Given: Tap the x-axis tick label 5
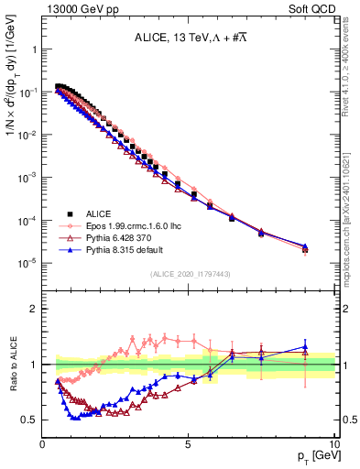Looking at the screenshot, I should click(x=189, y=442).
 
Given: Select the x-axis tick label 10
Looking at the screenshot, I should click(x=333, y=442).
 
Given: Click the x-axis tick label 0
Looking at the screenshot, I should click(x=43, y=442).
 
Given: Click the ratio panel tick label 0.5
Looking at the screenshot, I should click(x=28, y=420).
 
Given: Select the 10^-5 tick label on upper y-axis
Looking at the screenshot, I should click(x=27, y=263).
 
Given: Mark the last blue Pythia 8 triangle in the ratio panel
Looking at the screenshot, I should click(x=305, y=347).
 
